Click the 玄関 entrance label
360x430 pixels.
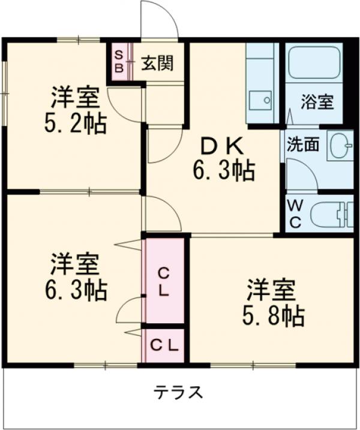[x=157, y=64]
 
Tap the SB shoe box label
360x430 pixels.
[x=119, y=62]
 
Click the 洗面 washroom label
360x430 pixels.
[x=302, y=145]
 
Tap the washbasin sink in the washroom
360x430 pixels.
[x=340, y=145]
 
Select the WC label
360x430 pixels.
[x=295, y=213]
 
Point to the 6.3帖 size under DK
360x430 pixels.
[x=223, y=172]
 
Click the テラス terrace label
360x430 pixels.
[x=179, y=393]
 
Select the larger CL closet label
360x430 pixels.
[x=164, y=283]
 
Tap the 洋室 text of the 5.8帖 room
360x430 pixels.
[x=271, y=290]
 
